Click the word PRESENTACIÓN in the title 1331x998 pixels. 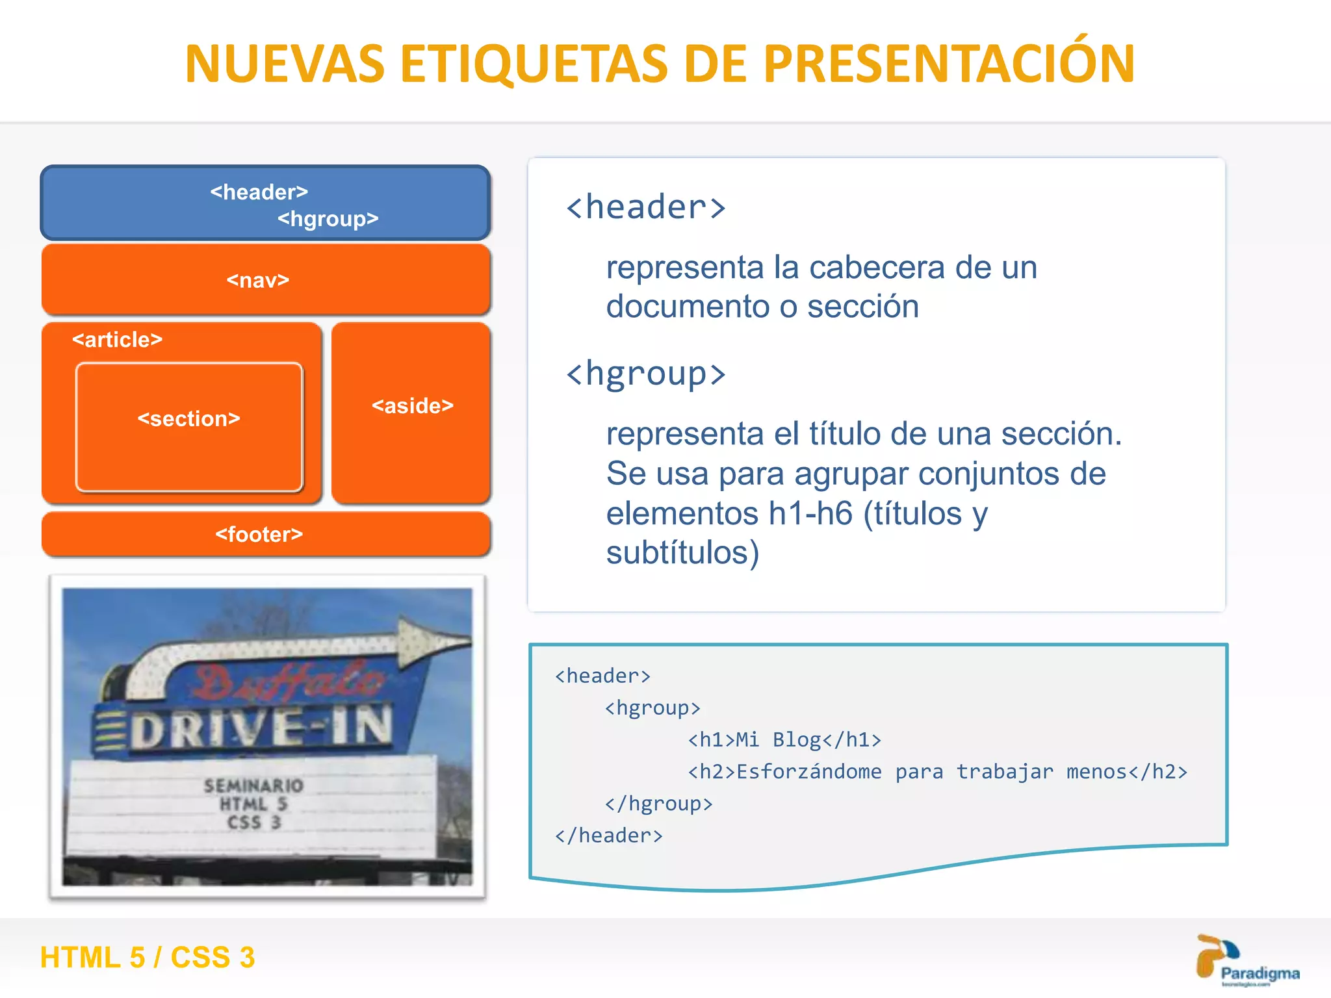[949, 64]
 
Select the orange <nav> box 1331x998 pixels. [265, 280]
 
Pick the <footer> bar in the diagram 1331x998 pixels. [265, 535]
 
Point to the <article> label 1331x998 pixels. [118, 340]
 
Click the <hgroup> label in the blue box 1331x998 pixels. [328, 219]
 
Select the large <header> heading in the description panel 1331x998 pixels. [645, 208]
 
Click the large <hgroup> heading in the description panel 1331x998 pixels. [645, 374]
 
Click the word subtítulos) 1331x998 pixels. [682, 553]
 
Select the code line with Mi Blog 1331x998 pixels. [784, 740]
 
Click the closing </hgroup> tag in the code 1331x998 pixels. [658, 804]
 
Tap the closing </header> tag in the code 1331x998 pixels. [609, 836]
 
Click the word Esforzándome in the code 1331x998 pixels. [808, 772]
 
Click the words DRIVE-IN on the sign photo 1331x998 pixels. [263, 727]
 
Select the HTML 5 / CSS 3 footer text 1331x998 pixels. [148, 958]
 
